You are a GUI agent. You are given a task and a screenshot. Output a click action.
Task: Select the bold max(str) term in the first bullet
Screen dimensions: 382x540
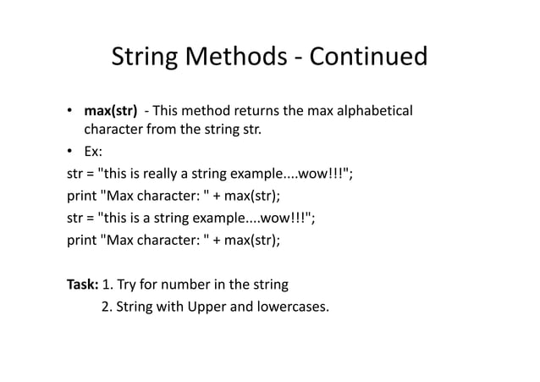109,112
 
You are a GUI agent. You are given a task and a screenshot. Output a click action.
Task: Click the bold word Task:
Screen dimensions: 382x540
83,284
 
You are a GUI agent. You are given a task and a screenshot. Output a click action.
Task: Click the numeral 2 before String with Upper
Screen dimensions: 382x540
106,306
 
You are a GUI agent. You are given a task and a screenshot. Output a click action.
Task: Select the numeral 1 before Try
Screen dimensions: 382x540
106,284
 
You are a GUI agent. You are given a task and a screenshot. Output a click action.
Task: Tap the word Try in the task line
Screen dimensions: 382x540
128,284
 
